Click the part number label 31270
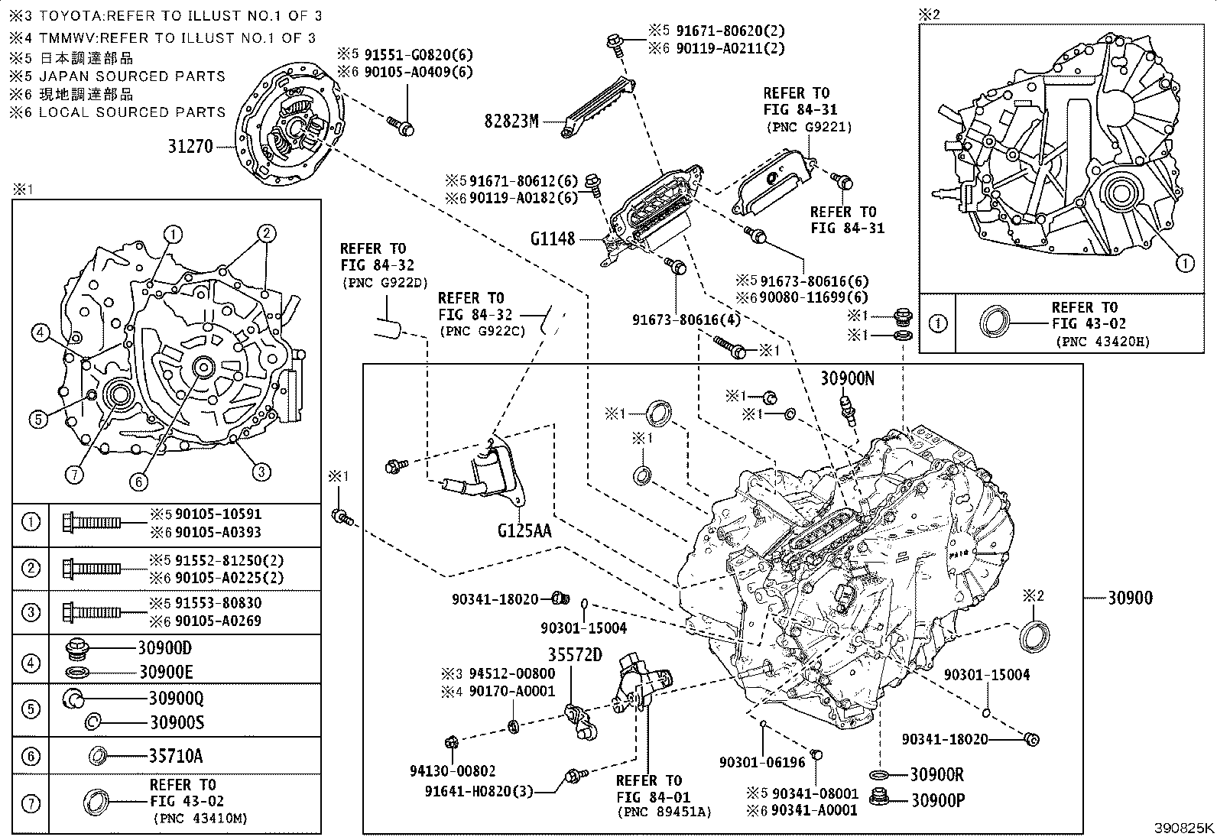coord(190,146)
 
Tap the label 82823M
coord(511,120)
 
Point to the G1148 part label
coord(552,238)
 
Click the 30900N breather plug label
coord(847,378)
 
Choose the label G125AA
coord(524,530)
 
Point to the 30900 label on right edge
coord(1130,598)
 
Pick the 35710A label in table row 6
coord(176,756)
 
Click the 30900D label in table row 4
coord(164,647)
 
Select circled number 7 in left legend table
coord(31,803)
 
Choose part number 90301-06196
coord(761,762)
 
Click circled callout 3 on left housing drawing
coord(261,472)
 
